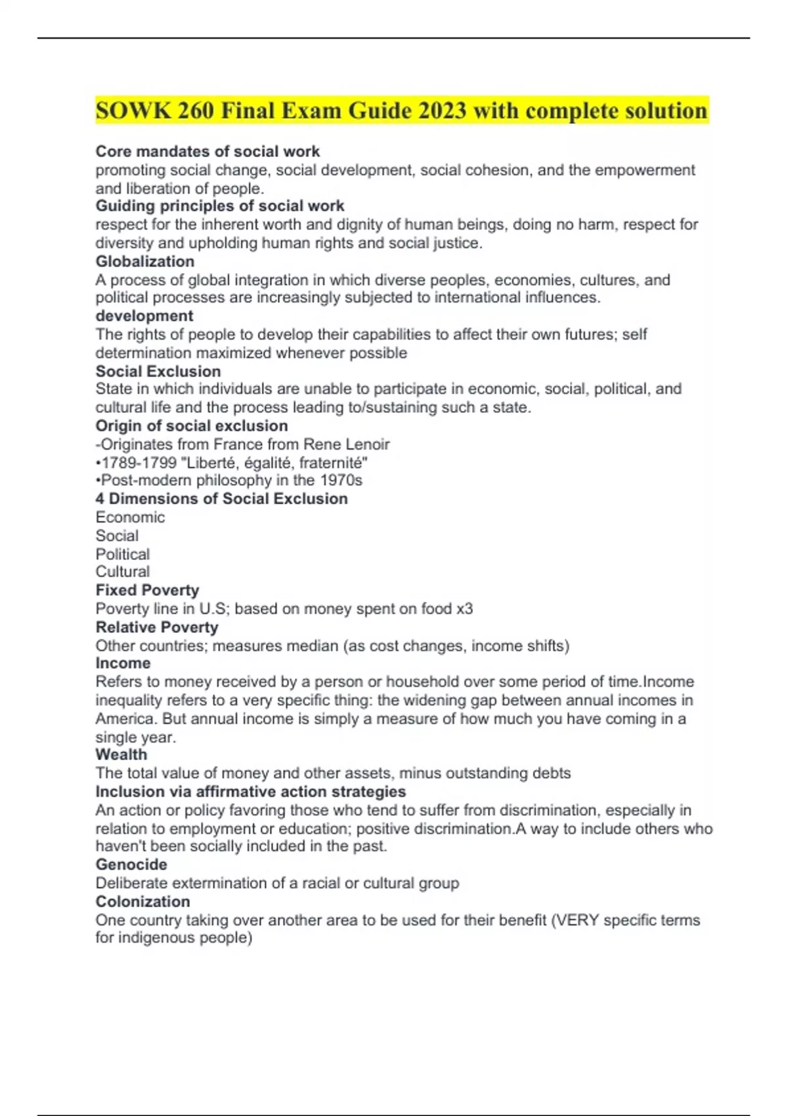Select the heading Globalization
145,261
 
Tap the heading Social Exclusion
158,371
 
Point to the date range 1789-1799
139,462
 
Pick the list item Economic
130,517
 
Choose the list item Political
123,554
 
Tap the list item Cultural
123,572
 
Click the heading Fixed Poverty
147,590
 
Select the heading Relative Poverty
157,627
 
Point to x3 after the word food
464,609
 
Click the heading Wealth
121,754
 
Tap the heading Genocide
131,865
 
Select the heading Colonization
143,901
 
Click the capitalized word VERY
577,920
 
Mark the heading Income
123,663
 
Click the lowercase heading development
144,316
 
